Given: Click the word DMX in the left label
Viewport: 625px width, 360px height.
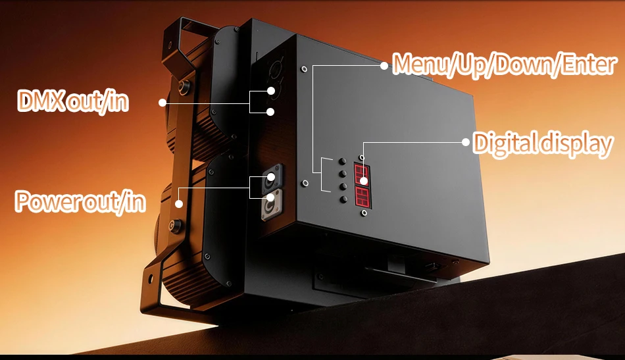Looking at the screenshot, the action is click(41, 101).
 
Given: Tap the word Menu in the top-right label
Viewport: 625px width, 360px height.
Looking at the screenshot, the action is click(420, 64).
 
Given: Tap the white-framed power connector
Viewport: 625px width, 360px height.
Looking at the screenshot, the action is click(271, 205).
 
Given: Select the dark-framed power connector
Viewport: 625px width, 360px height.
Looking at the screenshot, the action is click(272, 178).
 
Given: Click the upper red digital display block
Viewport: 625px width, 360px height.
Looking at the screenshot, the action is click(362, 174).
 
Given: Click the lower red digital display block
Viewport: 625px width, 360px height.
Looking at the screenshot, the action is click(363, 197).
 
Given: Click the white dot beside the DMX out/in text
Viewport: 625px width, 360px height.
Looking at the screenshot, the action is click(162, 103).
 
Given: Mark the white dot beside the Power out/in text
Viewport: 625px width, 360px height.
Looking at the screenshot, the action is click(179, 204).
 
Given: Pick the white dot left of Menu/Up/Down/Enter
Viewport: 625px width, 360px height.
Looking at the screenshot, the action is click(384, 66).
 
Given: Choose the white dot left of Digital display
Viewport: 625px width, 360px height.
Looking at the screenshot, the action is click(466, 142).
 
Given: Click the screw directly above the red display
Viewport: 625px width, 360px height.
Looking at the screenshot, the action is click(362, 158).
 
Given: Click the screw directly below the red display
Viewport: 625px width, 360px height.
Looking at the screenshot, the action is click(364, 213).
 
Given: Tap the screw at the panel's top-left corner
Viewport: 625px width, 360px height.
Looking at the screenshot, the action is click(304, 69).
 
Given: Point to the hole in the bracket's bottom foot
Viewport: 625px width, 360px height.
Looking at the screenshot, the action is click(150, 278).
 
